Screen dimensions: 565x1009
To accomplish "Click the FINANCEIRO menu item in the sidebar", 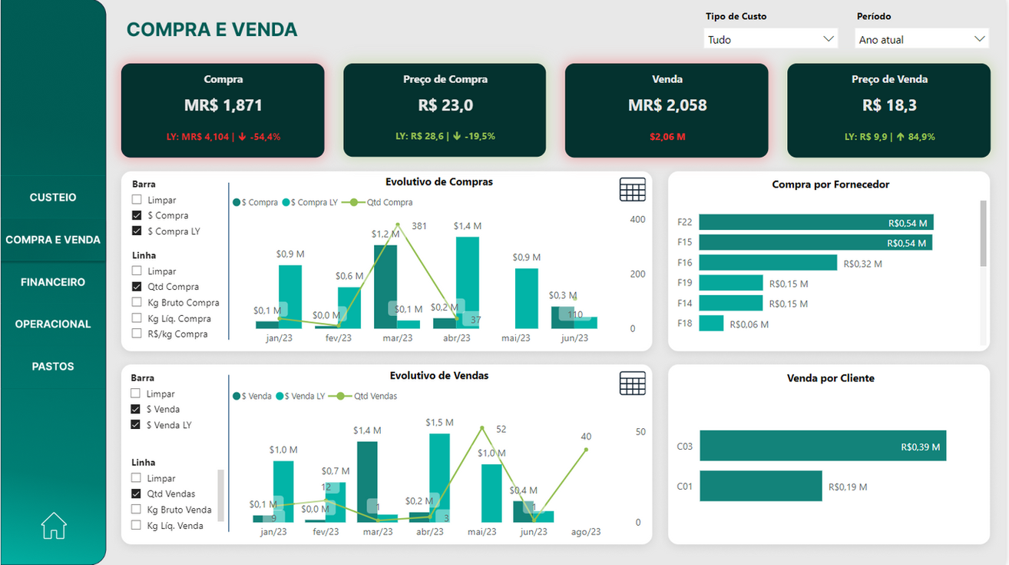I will (53, 282).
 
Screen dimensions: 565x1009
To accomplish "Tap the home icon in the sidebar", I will (54, 526).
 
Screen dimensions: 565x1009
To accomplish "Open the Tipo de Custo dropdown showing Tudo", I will (770, 39).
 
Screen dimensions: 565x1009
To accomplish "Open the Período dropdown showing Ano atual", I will (921, 39).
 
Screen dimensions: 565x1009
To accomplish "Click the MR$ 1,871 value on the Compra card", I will (223, 105).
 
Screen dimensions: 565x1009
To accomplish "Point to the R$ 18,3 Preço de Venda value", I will (889, 105).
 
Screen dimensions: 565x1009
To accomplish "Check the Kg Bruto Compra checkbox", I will (137, 303).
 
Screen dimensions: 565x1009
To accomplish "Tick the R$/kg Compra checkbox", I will (137, 334).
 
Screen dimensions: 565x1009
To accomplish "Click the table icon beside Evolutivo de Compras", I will (632, 189).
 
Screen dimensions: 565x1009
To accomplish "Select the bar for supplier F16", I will (767, 263).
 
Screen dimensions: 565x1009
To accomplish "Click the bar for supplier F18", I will (711, 324).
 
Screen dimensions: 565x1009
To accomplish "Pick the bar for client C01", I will (760, 487).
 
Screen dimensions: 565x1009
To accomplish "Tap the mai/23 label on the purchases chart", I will (515, 338).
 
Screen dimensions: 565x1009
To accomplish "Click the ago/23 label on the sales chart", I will (586, 532).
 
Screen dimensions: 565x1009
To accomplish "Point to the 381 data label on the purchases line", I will (419, 227).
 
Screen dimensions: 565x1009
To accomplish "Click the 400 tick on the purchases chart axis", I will (637, 220).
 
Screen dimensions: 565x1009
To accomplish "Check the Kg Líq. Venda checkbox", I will (137, 526).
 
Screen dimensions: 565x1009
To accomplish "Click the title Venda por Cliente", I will (830, 378).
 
